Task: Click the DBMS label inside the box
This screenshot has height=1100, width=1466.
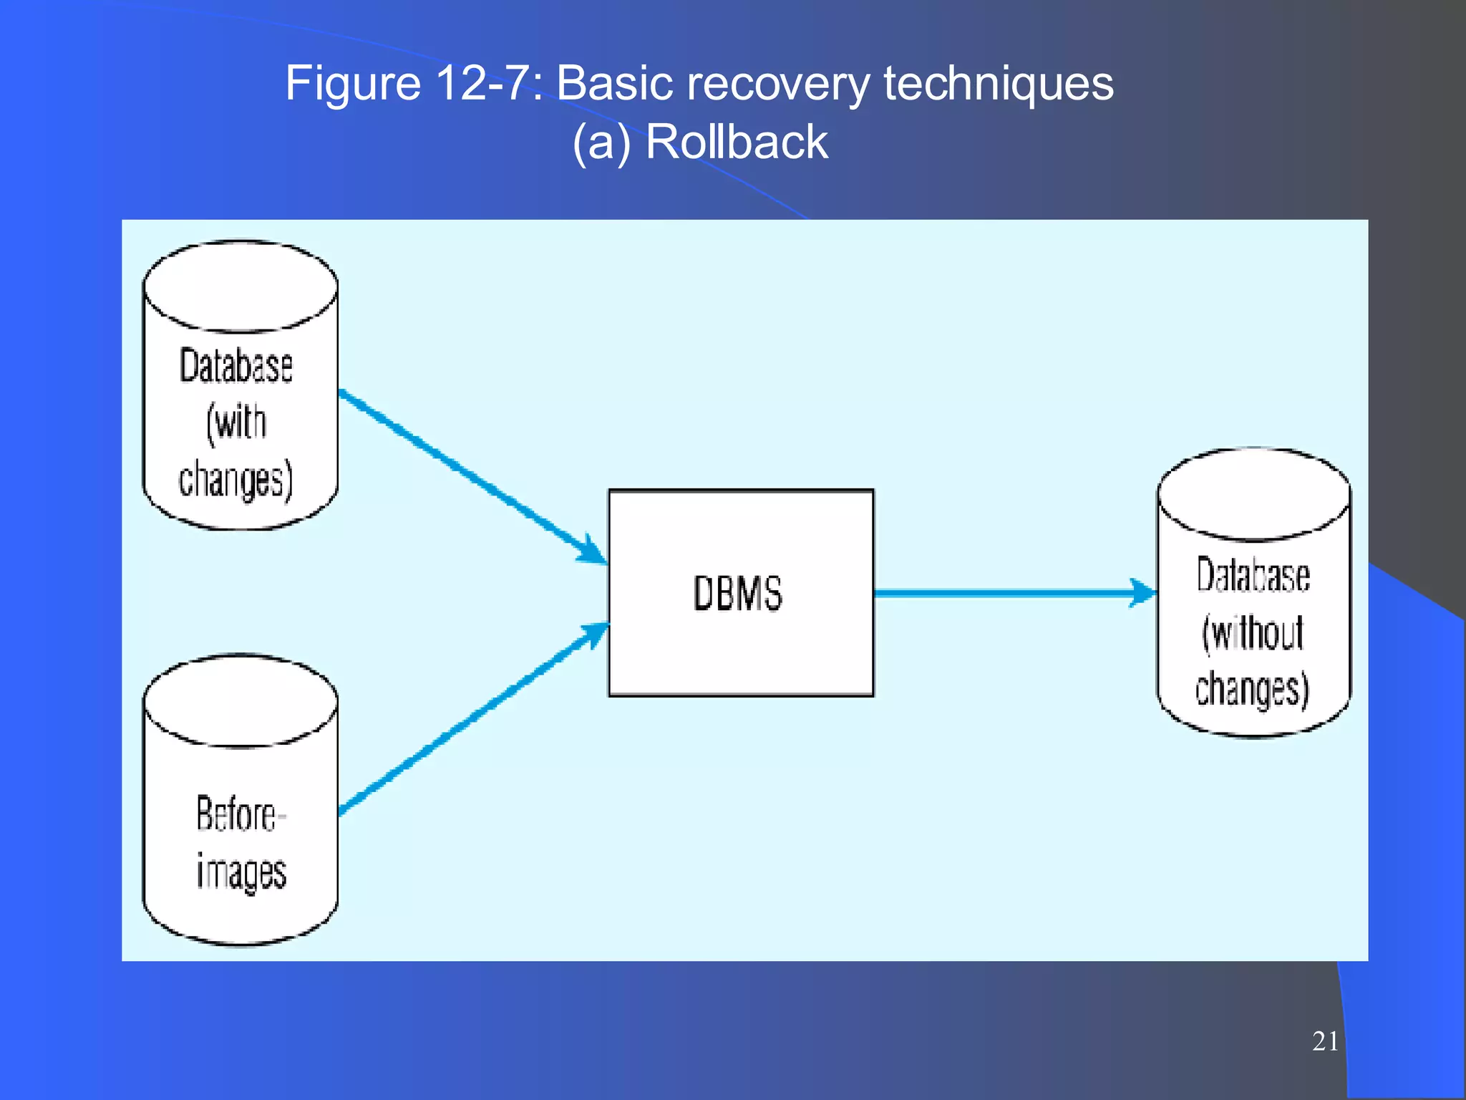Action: point(737,593)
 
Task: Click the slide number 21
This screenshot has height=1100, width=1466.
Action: point(1325,1041)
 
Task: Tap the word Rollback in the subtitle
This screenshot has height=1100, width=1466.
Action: point(737,142)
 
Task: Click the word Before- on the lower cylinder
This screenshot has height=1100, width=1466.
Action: point(241,814)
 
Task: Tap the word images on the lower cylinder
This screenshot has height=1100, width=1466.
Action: point(241,872)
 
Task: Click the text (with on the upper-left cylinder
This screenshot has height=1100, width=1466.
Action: point(236,423)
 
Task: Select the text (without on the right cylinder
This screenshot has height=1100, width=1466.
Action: point(1253,633)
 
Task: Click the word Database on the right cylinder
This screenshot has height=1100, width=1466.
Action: point(1253,576)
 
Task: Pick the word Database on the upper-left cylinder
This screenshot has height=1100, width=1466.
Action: point(236,366)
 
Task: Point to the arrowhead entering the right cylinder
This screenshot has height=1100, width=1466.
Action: point(1143,593)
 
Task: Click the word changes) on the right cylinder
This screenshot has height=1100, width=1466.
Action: point(1253,689)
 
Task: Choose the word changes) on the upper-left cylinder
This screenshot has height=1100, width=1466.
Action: point(236,479)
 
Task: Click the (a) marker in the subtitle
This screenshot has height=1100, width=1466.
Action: point(602,142)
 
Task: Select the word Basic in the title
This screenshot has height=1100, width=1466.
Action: point(613,83)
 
